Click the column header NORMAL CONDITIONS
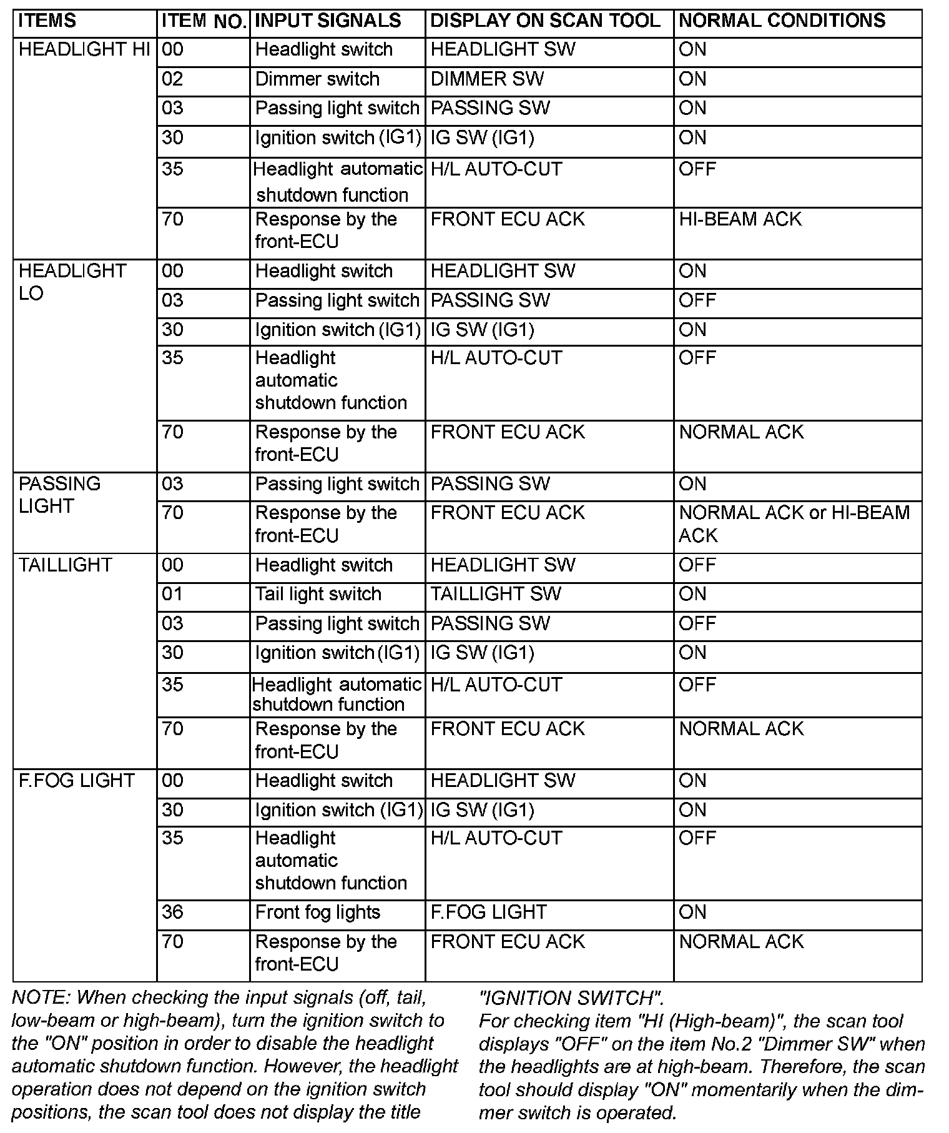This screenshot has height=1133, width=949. [x=782, y=21]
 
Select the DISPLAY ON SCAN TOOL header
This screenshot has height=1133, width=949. [x=545, y=21]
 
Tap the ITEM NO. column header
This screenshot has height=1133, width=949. [x=204, y=21]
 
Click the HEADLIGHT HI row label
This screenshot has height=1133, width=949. [x=84, y=50]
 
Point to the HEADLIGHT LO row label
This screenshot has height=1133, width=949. [x=72, y=282]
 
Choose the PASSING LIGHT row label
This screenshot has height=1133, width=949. [x=59, y=495]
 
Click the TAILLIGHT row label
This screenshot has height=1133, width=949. [x=65, y=565]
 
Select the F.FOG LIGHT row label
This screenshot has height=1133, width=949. [x=76, y=781]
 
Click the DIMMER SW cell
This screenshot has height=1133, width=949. [x=487, y=79]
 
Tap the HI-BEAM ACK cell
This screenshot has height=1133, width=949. [x=740, y=219]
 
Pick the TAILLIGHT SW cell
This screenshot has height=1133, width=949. [x=496, y=594]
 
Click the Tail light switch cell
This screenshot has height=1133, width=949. [x=318, y=594]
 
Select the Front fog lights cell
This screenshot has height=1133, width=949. [x=317, y=913]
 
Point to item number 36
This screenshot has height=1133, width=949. [x=172, y=913]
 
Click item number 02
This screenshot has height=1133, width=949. [x=172, y=79]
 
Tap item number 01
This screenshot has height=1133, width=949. [x=172, y=594]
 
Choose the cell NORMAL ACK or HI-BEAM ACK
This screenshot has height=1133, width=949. [x=794, y=524]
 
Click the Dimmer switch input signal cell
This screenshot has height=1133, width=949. [x=317, y=79]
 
